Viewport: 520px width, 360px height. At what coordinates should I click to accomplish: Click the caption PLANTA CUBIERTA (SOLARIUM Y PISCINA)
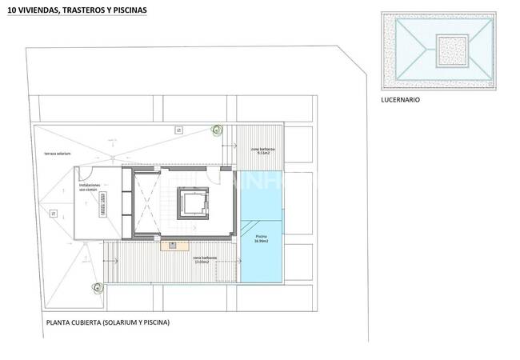[x=109, y=322]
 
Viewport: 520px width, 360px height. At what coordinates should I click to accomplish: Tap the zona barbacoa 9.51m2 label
[x=263, y=151]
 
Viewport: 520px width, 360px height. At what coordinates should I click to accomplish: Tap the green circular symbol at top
[x=216, y=128]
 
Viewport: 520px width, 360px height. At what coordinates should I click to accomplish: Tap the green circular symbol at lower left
[x=97, y=286]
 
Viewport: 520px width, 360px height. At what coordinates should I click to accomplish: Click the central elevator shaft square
[x=193, y=205]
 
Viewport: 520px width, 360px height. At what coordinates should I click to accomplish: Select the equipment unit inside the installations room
[x=102, y=206]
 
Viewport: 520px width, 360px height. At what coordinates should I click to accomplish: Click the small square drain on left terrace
[x=53, y=213]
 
